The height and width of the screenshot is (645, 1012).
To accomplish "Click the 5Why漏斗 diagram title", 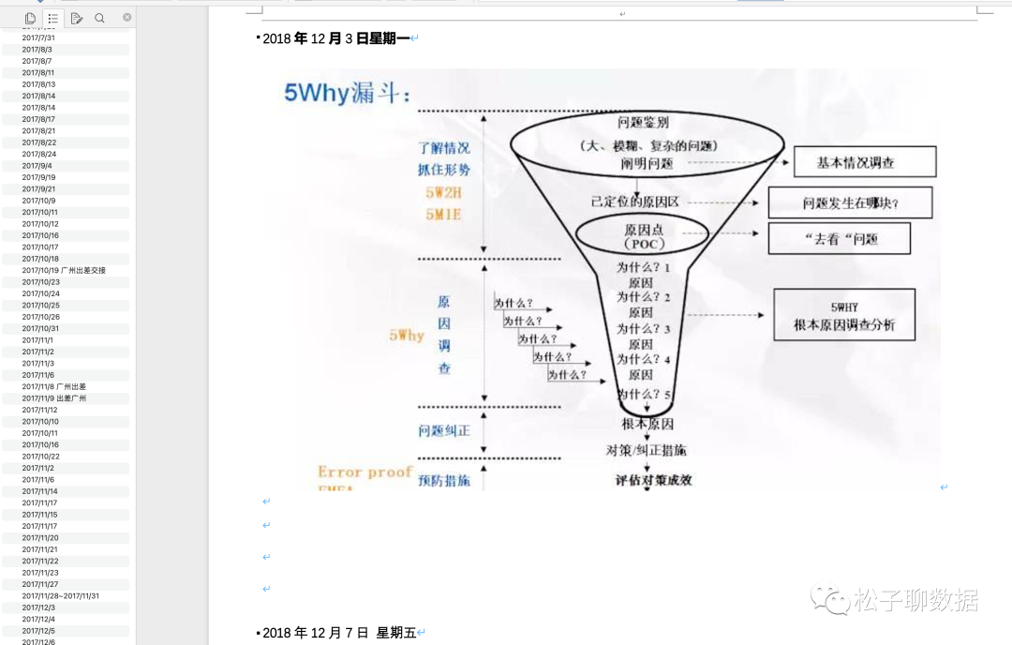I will [x=348, y=93].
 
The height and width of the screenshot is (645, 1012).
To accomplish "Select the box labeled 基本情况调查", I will [x=865, y=162].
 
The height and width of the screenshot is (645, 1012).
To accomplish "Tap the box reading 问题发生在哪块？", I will [x=851, y=202].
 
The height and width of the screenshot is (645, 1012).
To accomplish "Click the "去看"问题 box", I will [x=840, y=238].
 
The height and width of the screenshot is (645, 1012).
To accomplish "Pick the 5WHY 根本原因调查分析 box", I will [x=843, y=316].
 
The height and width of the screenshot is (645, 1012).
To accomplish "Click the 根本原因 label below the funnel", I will [x=647, y=424].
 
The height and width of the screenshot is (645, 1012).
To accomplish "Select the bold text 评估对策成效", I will [x=653, y=480].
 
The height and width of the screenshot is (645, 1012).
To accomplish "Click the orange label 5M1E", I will [x=443, y=214].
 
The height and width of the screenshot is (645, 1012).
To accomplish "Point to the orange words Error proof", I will [x=365, y=472].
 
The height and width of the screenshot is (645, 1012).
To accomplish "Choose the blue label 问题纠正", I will [x=444, y=431].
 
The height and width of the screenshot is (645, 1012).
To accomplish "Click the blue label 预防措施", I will [x=444, y=481].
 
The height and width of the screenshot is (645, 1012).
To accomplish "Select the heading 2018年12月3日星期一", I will [x=336, y=38].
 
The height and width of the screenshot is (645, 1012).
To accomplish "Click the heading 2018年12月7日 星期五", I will [x=338, y=633].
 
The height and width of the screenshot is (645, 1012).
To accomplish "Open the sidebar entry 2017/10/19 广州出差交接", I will [x=64, y=270].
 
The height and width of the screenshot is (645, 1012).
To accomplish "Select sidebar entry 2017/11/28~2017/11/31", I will [x=61, y=595].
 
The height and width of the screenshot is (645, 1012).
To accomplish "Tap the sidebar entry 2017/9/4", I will [x=37, y=166].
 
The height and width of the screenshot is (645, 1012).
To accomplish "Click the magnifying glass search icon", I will [x=99, y=18].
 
